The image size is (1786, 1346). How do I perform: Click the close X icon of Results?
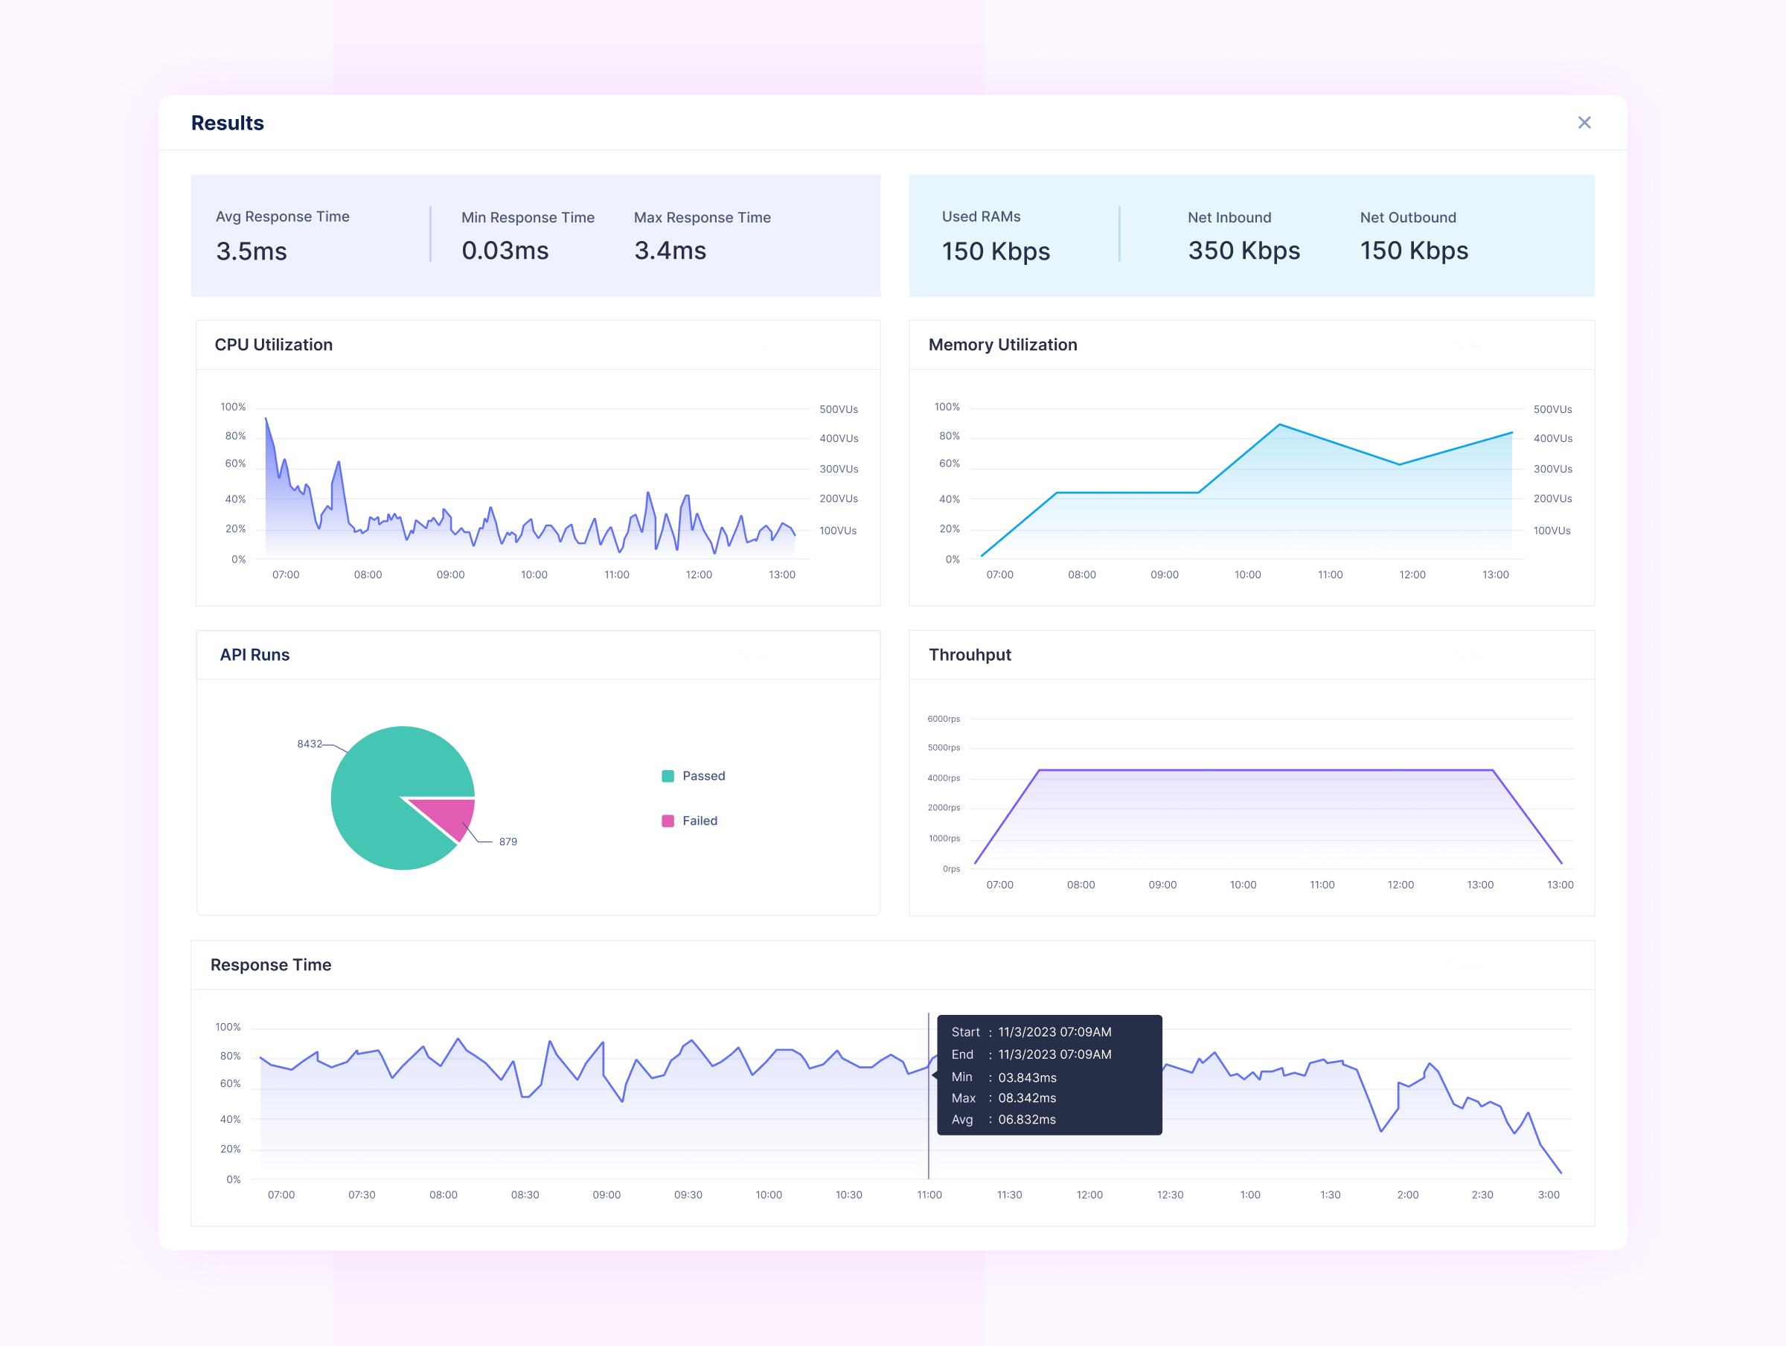click(x=1584, y=123)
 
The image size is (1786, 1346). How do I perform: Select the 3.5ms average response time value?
click(x=251, y=251)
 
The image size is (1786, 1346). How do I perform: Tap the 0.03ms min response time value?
click(x=505, y=250)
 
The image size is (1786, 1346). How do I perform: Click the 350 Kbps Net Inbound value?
click(x=1244, y=250)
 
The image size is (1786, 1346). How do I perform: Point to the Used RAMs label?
click(x=980, y=217)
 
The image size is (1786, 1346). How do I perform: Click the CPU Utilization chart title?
click(x=273, y=344)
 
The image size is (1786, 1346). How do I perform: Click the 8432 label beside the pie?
click(x=310, y=743)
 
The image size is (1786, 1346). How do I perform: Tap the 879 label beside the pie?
click(x=508, y=842)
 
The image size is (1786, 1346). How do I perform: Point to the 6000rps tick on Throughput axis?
click(x=943, y=719)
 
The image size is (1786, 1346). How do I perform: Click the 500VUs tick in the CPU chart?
click(x=838, y=409)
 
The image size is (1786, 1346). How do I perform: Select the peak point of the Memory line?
click(x=1280, y=425)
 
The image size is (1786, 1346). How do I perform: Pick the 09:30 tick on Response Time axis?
click(x=688, y=1194)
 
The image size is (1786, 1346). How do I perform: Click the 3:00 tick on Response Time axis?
click(x=1548, y=1194)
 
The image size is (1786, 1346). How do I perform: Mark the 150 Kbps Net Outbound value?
click(x=1414, y=250)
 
